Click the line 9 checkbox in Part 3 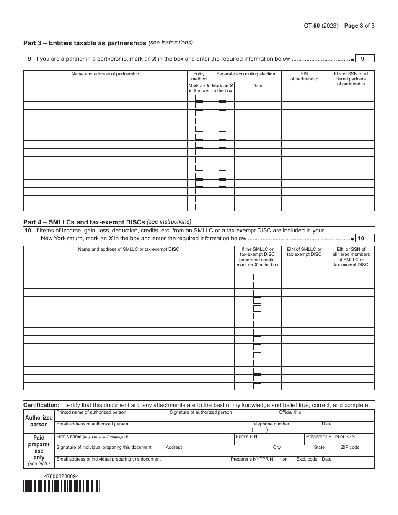coord(371,59)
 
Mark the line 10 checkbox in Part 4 coord(371,238)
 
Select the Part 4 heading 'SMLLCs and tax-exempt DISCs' coord(84,222)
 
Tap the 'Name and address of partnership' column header coord(105,74)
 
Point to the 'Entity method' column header coord(199,76)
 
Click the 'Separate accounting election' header coord(246,74)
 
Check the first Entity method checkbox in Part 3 coord(199,98)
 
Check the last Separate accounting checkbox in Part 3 coord(222,207)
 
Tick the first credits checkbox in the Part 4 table coord(257,277)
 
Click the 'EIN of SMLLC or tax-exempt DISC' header coord(304,252)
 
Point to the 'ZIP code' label coord(350,448)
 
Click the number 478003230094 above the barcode coord(61,476)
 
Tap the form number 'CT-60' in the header coord(312,26)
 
